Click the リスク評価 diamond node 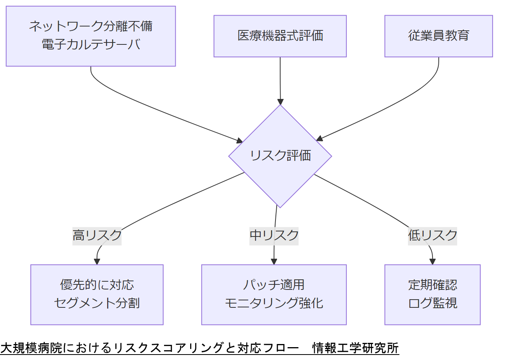pos(280,156)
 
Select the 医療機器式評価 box pos(280,36)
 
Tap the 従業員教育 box pos(438,36)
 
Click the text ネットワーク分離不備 pos(91,26)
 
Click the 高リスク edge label pos(97,235)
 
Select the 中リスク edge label pos(274,235)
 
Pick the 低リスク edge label pos(433,235)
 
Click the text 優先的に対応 pos(97,285)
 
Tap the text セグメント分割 pos(97,303)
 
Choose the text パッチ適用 pos(274,285)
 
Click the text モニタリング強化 pos(274,303)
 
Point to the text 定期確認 pos(433,285)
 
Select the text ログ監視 pos(433,303)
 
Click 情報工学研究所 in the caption pos(356,348)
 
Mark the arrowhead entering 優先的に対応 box pos(97,262)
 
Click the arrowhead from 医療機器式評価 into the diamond pos(280,101)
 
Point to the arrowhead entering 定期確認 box pos(433,262)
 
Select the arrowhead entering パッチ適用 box pos(274,262)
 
